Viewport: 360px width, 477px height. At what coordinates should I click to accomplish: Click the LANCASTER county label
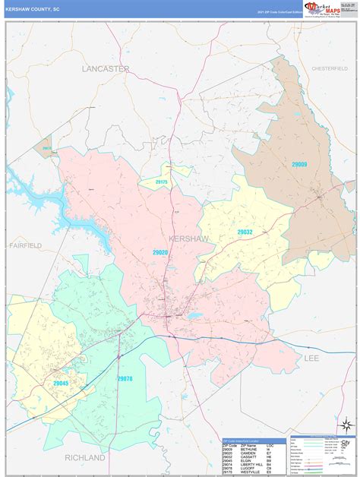tap(106, 68)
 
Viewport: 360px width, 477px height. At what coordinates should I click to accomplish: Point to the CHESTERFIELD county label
tap(328, 68)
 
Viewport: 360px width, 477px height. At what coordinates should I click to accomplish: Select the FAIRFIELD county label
tap(26, 246)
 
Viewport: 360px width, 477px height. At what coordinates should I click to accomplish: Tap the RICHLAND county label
tap(85, 458)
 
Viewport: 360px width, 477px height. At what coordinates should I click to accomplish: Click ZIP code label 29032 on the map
tap(245, 232)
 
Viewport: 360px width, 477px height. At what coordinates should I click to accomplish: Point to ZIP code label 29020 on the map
tap(159, 251)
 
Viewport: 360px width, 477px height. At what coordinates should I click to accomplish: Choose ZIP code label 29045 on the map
tap(61, 384)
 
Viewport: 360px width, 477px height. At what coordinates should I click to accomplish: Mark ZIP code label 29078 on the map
tap(125, 378)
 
